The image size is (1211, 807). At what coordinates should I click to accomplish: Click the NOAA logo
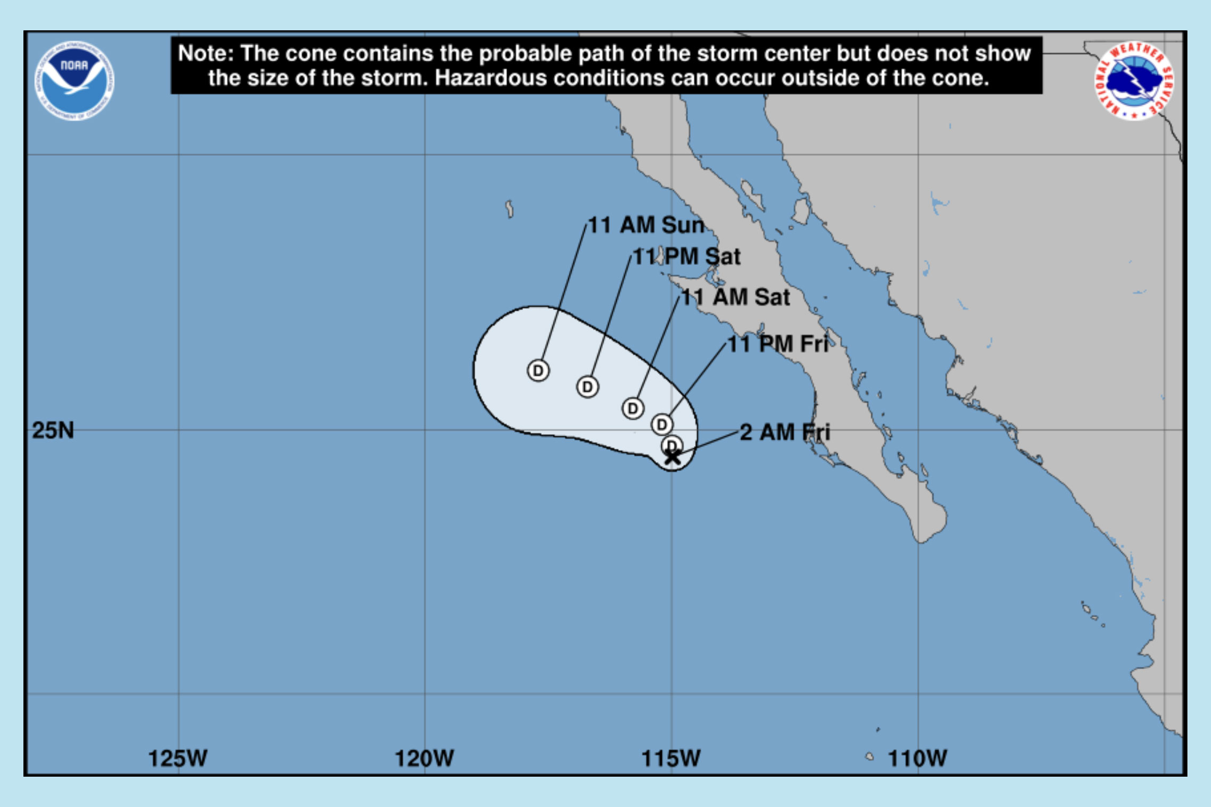click(x=74, y=81)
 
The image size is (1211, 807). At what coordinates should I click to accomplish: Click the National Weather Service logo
click(x=1134, y=81)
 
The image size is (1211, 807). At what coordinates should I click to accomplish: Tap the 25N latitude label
click(x=53, y=430)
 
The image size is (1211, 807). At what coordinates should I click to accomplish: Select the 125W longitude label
click(x=178, y=758)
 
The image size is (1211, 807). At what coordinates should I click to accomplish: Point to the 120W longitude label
click(x=424, y=758)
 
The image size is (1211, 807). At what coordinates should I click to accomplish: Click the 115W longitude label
click(x=671, y=758)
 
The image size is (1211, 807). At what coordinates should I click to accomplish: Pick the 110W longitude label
click(x=917, y=758)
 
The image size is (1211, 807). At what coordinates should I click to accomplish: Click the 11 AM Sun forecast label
click(x=646, y=225)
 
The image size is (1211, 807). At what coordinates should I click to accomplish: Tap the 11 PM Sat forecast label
click(x=686, y=256)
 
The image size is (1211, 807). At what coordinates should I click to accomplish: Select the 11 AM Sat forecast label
click(x=735, y=297)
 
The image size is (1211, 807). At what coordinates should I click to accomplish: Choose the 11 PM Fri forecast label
click(x=777, y=344)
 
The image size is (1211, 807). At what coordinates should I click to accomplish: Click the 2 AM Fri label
click(x=785, y=432)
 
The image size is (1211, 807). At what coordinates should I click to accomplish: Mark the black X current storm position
click(x=673, y=457)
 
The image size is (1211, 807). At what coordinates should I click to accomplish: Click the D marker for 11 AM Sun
click(x=538, y=370)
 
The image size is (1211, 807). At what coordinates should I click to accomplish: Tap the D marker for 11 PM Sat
click(x=587, y=387)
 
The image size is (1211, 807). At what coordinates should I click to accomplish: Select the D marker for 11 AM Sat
click(x=633, y=409)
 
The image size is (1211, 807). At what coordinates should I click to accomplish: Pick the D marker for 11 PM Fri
click(x=662, y=425)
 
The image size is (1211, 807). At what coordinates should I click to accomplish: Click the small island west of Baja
click(x=509, y=209)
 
